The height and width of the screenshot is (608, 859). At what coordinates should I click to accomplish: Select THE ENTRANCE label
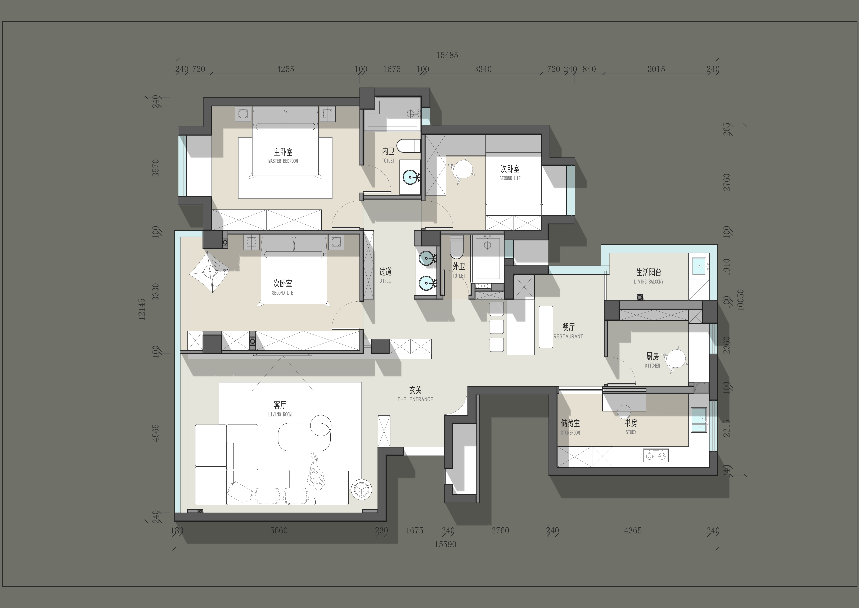tap(415, 399)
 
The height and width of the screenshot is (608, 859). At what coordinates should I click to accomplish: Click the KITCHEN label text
tap(653, 366)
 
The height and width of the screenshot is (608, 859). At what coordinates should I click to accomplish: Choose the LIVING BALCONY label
tap(648, 282)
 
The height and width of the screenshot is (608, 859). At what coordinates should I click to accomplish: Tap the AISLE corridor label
tap(385, 281)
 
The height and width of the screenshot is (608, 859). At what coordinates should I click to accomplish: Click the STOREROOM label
tap(570, 433)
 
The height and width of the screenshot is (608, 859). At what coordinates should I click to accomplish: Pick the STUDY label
tap(631, 432)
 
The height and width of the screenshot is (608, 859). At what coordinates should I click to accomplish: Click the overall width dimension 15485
tap(447, 55)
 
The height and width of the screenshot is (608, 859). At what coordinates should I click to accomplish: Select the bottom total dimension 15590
tap(445, 544)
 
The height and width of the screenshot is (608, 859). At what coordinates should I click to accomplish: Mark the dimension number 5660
tap(279, 531)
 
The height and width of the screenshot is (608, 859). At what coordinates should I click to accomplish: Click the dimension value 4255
tap(285, 69)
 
